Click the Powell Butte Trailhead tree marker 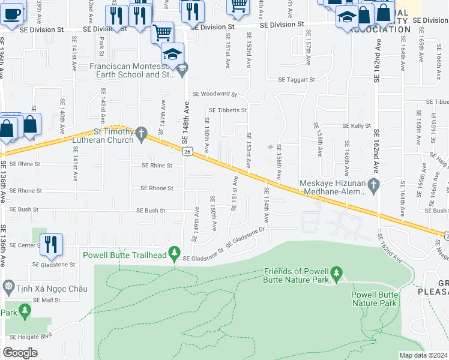(x=175, y=253)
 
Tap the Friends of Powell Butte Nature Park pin (x=336, y=274)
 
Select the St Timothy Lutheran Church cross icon (x=141, y=134)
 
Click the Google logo (x=20, y=352)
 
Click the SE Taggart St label (x=297, y=79)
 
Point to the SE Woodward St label (x=214, y=94)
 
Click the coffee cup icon (x=12, y=13)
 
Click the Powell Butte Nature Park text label (x=374, y=299)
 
